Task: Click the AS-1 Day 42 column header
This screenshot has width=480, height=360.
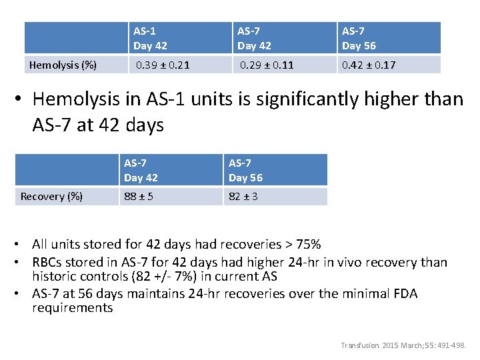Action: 150,38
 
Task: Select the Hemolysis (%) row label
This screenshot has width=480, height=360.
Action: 63,65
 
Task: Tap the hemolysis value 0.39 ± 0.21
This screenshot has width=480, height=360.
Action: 163,65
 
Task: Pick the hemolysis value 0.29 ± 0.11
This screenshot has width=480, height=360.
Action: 267,65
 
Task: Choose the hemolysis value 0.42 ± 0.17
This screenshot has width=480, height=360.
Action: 369,65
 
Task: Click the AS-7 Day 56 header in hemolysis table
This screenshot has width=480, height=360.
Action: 359,38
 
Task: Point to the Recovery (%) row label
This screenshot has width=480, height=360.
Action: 52,196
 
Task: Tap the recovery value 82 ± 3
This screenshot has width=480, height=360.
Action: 243,196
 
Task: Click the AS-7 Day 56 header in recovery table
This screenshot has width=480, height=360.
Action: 245,170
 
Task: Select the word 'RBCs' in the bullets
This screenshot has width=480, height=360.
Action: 47,263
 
